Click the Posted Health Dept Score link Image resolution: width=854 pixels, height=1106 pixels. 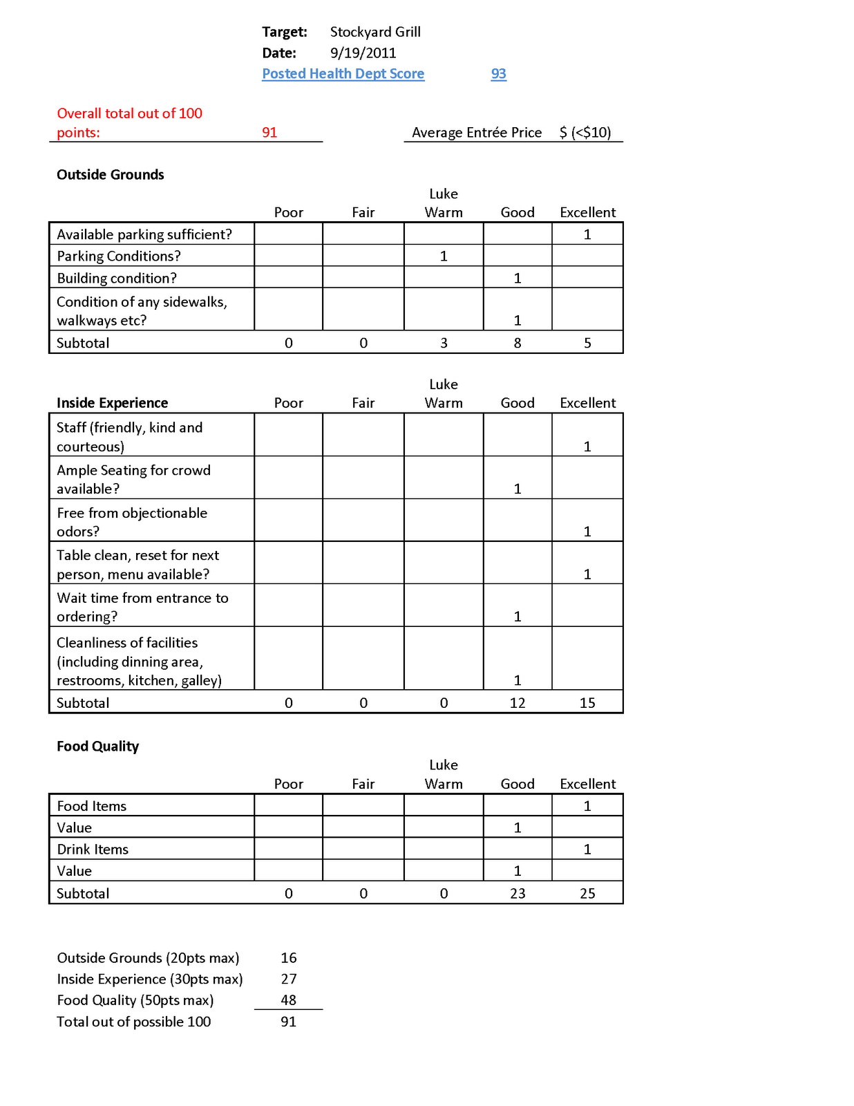(x=343, y=74)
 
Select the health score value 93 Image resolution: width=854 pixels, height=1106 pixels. (x=498, y=74)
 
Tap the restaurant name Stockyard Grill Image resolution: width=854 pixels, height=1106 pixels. (x=375, y=32)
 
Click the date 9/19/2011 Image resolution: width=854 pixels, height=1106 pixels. (x=363, y=53)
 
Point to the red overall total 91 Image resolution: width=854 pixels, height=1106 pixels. (x=269, y=133)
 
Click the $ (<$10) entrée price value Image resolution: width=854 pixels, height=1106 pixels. (x=585, y=133)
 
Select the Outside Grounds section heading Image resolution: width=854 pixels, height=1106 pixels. (x=111, y=175)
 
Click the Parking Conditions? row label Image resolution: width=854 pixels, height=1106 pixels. (x=119, y=256)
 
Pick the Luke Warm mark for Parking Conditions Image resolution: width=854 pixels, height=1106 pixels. (x=444, y=256)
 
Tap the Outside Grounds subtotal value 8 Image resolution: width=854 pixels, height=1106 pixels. (x=518, y=343)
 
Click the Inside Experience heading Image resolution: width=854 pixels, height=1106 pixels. (x=112, y=403)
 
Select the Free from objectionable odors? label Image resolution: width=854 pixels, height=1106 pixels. (x=131, y=522)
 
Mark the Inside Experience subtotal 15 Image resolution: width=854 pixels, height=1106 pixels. (x=587, y=703)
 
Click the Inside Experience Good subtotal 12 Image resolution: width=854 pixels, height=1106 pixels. (x=518, y=703)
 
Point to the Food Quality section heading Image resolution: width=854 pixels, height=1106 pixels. (x=97, y=747)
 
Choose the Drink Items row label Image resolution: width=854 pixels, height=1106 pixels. (x=93, y=850)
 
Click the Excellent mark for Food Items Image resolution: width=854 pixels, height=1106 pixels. (x=587, y=806)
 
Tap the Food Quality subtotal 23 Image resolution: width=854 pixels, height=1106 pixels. (x=518, y=894)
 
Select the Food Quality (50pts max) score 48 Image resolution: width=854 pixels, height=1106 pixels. (x=289, y=1000)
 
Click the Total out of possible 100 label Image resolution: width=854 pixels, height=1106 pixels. (x=133, y=1022)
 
